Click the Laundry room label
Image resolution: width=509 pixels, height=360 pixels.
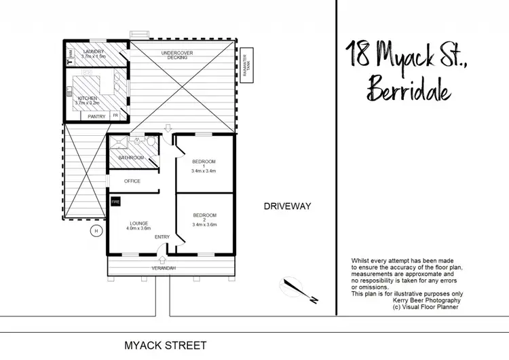[94, 52]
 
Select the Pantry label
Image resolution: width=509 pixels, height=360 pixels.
[96, 116]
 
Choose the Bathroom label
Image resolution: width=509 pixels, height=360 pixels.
[132, 158]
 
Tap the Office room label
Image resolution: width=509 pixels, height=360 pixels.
[132, 181]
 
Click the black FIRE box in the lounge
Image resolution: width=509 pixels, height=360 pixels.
[115, 202]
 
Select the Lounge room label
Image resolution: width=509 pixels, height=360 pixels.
[138, 223]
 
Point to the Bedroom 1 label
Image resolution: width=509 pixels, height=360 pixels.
[204, 161]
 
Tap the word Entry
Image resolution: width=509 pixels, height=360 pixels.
[162, 236]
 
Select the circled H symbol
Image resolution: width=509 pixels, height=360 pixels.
[96, 231]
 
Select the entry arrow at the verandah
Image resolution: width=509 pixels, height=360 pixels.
[162, 257]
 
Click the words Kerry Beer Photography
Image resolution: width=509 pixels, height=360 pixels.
[424, 300]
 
